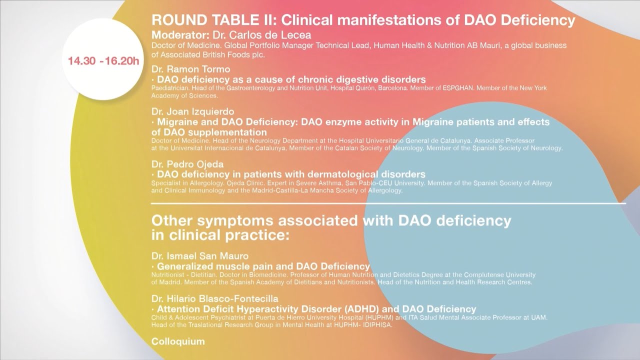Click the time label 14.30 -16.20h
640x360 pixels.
pyautogui.click(x=103, y=61)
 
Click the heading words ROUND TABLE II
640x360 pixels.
pyautogui.click(x=213, y=20)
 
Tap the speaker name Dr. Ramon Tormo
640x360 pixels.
pyautogui.click(x=191, y=69)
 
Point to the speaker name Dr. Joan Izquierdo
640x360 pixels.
pyautogui.click(x=193, y=111)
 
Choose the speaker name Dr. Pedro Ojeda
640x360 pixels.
pyautogui.click(x=187, y=164)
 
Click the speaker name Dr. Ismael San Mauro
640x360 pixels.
pyautogui.click(x=200, y=256)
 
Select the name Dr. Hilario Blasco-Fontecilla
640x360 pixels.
pyautogui.click(x=215, y=299)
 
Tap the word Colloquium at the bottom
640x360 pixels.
pyautogui.click(x=178, y=341)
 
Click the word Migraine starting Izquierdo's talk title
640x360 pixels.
pyautogui.click(x=177, y=122)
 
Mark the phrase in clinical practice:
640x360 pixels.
pyautogui.click(x=220, y=235)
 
